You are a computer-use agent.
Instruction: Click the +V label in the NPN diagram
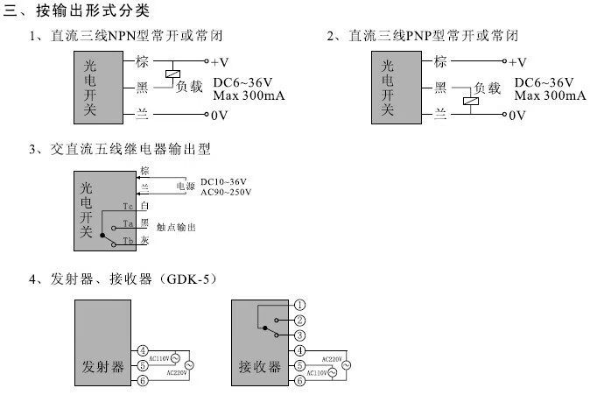(x=221, y=62)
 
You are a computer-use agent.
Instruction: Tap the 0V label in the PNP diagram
(x=518, y=115)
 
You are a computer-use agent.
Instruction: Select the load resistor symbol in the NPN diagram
(x=174, y=74)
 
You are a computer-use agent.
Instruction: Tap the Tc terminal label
(x=128, y=206)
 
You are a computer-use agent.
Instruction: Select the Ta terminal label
(x=128, y=223)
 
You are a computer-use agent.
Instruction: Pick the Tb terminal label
(x=128, y=240)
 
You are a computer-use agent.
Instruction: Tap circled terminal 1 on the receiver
(x=300, y=305)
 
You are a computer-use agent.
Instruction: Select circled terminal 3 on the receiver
(x=300, y=335)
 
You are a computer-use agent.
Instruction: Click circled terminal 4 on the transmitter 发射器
(x=143, y=350)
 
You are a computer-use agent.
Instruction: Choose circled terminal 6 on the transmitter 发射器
(x=143, y=380)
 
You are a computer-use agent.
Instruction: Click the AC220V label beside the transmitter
(x=178, y=372)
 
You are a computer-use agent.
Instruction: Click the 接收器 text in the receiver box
(x=256, y=365)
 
